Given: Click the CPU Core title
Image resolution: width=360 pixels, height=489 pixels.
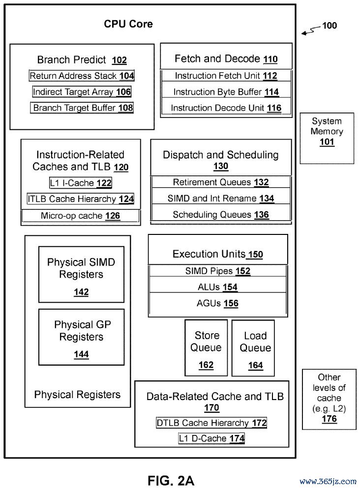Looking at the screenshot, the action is point(128,24).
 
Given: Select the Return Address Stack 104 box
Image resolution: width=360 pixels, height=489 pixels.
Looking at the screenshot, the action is point(82,76).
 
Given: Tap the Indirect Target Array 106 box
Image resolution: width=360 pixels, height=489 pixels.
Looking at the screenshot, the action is point(82,92).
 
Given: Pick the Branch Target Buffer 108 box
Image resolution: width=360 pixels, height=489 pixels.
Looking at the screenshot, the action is point(82,108).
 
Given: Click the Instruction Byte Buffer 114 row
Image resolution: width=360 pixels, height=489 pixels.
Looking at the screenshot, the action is point(226,92).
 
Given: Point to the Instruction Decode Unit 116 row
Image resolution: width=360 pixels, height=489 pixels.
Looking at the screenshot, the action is point(226,108).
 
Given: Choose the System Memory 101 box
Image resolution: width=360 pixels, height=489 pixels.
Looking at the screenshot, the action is point(327,138).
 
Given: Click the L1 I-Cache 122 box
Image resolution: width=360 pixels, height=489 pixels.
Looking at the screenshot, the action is point(81,183).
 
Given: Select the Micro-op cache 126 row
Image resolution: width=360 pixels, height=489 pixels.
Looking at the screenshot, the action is point(81,216).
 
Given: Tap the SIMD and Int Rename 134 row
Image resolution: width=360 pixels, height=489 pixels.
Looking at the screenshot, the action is point(221,199).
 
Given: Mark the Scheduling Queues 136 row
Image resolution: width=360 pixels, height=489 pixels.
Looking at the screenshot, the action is point(221,215).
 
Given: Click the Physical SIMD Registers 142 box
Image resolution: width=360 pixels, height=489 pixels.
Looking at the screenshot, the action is point(82,274).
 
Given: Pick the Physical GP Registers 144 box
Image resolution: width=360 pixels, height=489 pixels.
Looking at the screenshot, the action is point(82,337).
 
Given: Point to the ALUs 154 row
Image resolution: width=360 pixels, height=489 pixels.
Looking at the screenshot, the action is point(218,287).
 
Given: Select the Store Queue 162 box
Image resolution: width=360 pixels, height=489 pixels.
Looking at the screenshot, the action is point(206,348).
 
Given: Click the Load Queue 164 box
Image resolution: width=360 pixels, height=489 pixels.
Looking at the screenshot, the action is point(253,348).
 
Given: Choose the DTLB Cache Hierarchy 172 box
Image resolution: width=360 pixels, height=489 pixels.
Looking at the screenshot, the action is point(212,423).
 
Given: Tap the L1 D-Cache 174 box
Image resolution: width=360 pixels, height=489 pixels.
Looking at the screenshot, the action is point(212,438).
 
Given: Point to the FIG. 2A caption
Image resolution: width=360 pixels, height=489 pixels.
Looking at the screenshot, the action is point(171,481).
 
